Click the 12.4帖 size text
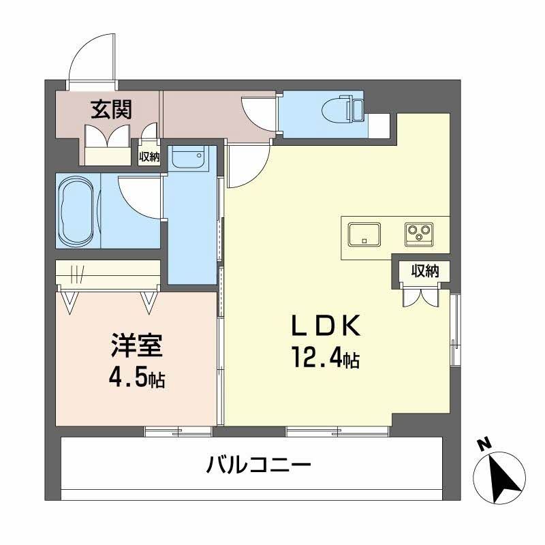point(326,358)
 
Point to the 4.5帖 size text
point(136,377)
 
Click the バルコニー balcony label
point(259,467)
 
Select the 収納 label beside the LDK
point(424,271)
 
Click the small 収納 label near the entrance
point(149,157)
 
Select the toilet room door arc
point(259,112)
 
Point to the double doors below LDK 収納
point(418,296)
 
